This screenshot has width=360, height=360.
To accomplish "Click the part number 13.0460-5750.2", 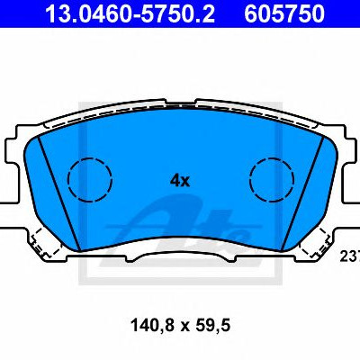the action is coord(130,13).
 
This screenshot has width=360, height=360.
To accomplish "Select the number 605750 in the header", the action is coord(284,13).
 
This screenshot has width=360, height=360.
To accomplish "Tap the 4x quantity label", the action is coord(180,181).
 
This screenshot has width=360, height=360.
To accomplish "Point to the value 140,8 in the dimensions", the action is coord(152,325).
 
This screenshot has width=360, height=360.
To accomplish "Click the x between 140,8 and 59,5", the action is coord(184,327).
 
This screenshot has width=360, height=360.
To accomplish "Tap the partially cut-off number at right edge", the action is coord(350,256).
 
